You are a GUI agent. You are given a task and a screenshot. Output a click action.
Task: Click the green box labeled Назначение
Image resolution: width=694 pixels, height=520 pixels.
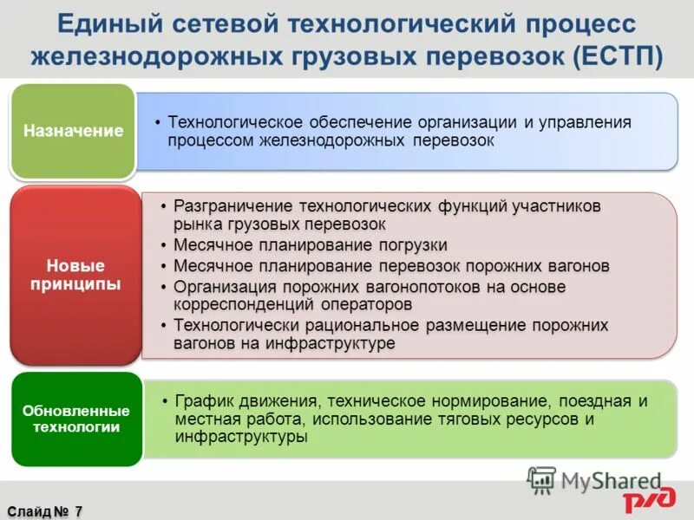coord(74,132)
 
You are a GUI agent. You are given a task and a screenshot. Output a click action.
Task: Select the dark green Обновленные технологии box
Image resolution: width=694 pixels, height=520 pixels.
coord(76,419)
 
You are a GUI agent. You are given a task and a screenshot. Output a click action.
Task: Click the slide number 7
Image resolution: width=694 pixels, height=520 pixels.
coord(78,511)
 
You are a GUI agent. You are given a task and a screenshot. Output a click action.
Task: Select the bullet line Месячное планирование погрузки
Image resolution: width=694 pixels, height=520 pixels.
coord(311,244)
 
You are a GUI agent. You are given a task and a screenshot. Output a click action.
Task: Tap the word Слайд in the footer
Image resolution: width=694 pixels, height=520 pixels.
coord(27,511)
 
